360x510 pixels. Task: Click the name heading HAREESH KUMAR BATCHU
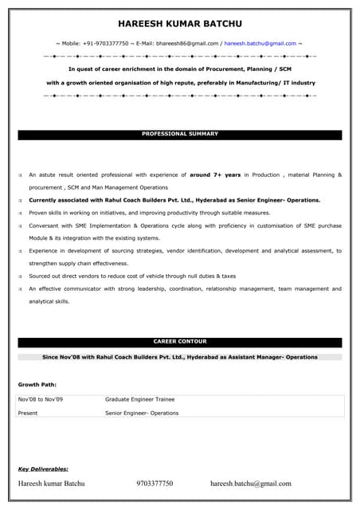pos(180,24)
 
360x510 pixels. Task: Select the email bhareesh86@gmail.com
pos(187,43)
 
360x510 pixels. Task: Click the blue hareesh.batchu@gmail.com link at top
pos(260,43)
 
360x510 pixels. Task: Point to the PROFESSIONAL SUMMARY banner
pos(180,134)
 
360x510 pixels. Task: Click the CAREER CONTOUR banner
pos(180,342)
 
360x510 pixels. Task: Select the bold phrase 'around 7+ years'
pos(214,174)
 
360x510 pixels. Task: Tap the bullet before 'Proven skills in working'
pos(21,213)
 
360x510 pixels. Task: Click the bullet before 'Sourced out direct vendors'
pos(21,276)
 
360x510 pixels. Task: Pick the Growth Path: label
pos(37,384)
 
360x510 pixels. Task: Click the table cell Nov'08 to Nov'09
pos(40,399)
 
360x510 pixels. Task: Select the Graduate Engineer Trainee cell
pos(139,399)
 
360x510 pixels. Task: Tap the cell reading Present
pos(28,413)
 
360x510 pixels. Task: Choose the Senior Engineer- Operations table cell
pos(142,413)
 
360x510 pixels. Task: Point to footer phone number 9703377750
pos(155,483)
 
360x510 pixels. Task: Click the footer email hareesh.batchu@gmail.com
pos(251,483)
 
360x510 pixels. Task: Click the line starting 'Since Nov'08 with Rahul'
pos(180,357)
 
